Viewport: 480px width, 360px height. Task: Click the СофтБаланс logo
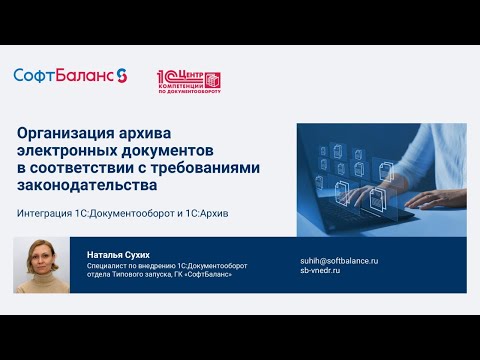tap(70, 76)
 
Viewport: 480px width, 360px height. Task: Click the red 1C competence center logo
tap(189, 81)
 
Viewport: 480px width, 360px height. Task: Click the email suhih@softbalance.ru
tap(339, 261)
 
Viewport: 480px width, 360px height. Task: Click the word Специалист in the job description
tap(105, 266)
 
